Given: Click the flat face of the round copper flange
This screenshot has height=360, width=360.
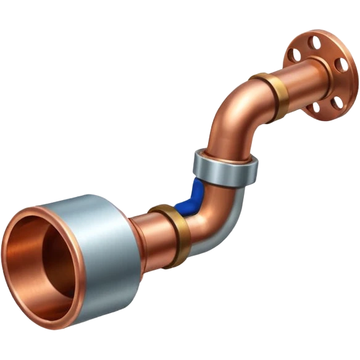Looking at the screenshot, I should [x=333, y=86].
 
